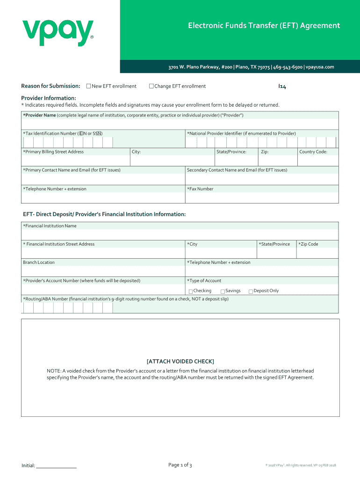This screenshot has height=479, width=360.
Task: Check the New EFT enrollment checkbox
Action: point(89,86)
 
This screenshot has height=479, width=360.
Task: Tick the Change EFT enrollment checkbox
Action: point(151,86)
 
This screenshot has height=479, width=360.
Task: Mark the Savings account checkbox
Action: point(223,291)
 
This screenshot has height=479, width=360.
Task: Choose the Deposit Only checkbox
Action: point(251,291)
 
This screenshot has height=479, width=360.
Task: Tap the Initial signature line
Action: point(56,465)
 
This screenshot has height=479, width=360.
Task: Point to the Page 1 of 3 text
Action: point(180,464)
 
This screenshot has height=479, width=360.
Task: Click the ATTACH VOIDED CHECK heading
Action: point(180,361)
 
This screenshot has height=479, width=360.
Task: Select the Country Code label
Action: point(313,152)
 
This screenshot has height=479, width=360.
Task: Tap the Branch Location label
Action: point(39,262)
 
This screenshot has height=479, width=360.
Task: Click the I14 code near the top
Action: point(282,87)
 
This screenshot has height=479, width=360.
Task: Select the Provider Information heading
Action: point(49,98)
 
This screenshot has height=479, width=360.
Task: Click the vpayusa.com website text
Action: point(320,67)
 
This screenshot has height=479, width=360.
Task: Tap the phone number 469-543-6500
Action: point(288,67)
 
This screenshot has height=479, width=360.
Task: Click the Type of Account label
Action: point(204,281)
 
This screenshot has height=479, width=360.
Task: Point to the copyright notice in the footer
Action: point(301,465)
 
